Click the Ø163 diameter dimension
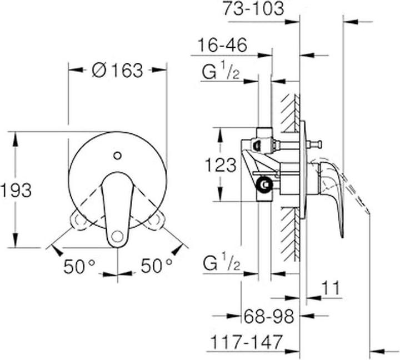[117, 71]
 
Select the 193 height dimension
[16, 190]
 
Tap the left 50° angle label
[79, 267]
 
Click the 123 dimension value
[221, 165]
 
